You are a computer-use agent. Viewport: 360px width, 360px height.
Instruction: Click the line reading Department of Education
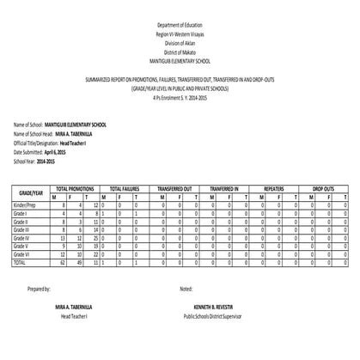pos(180,27)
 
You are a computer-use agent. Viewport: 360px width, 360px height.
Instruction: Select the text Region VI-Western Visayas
pos(180,35)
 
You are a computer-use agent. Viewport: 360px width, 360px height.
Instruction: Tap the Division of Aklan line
pos(180,43)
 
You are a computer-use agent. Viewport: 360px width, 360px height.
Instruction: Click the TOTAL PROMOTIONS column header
pos(74,187)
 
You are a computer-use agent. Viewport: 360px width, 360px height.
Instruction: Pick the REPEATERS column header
pos(275,187)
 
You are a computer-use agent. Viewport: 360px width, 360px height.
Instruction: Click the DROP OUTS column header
pos(323,187)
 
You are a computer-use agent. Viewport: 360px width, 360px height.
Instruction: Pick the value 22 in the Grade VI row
pos(92,255)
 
